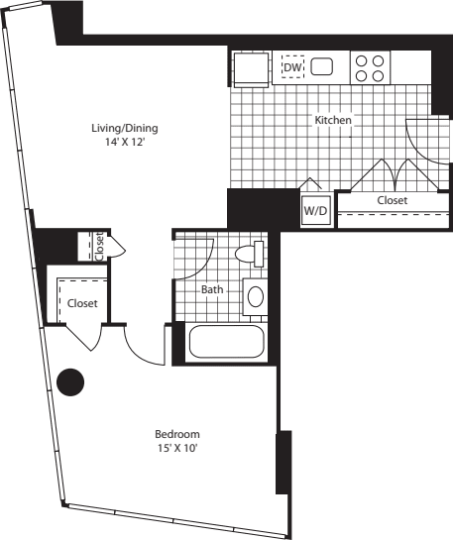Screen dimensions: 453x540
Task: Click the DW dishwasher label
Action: click(292, 67)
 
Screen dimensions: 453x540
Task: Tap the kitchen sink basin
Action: click(322, 66)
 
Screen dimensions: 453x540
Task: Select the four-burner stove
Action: click(370, 67)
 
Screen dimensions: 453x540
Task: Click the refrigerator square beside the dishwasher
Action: click(251, 69)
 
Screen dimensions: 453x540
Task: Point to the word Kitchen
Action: click(333, 120)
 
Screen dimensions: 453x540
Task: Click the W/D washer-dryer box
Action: click(315, 210)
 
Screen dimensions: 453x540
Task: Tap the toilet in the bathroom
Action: click(250, 254)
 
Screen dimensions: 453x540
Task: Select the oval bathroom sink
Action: click(256, 296)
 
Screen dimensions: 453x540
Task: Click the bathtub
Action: click(227, 342)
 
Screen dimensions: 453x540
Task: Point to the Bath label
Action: click(212, 289)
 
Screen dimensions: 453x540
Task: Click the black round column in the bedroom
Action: click(70, 382)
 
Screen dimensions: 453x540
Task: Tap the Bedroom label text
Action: click(177, 434)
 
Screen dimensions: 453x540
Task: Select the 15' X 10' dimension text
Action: click(177, 448)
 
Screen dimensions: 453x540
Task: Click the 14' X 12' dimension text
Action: click(125, 142)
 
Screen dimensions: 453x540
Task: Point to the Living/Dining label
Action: click(125, 128)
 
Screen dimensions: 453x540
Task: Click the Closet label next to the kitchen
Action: click(393, 200)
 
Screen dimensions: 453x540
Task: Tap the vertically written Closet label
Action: click(99, 247)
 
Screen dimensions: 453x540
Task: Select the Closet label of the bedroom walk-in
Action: click(82, 303)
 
